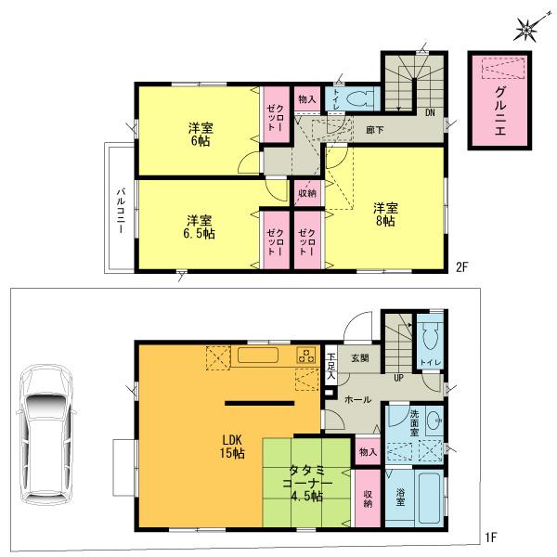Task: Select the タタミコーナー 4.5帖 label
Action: tap(304, 482)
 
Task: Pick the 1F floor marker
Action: tap(491, 538)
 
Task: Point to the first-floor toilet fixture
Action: tap(429, 339)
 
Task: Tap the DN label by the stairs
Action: tap(430, 112)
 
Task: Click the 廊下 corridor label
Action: tap(375, 131)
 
